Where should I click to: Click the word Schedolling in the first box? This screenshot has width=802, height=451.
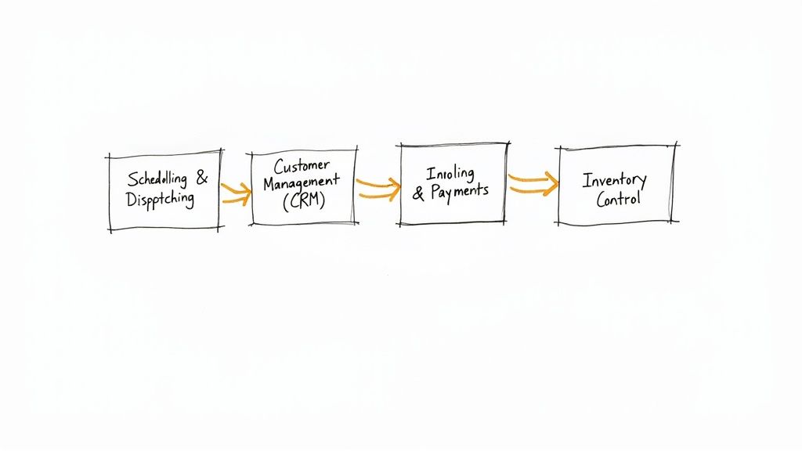[x=157, y=179]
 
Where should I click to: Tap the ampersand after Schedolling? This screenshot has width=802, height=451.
[x=202, y=179]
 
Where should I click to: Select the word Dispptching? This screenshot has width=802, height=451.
[x=160, y=199]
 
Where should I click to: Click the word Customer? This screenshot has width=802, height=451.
[x=302, y=165]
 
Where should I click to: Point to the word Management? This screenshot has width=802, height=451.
[x=302, y=181]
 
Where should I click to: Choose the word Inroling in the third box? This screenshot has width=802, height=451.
[x=450, y=173]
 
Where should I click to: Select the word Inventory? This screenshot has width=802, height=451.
[x=614, y=180]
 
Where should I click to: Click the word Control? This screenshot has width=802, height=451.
[x=618, y=199]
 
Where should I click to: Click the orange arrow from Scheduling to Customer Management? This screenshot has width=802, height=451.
[x=236, y=193]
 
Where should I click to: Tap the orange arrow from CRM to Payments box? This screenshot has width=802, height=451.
[x=378, y=187]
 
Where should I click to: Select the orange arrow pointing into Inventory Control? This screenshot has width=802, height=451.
[x=533, y=184]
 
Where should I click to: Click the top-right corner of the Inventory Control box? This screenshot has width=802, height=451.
[x=674, y=146]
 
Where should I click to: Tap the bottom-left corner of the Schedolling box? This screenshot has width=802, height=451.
[x=110, y=229]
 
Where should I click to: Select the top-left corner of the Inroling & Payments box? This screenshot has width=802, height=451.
[x=400, y=145]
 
